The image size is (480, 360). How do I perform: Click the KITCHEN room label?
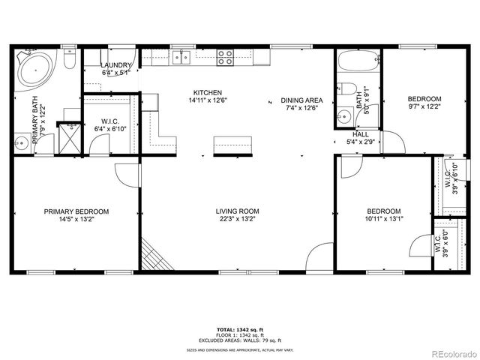(x=209, y=91)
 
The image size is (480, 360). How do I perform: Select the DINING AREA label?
(x=301, y=100)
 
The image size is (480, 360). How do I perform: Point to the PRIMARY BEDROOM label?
(x=76, y=211)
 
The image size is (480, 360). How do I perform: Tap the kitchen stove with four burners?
(x=224, y=56)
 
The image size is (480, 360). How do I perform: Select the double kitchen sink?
(x=181, y=56)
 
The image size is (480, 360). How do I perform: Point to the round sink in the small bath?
(x=343, y=116)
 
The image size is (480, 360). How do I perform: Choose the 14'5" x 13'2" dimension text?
(x=76, y=220)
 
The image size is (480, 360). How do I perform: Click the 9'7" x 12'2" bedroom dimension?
(x=424, y=107)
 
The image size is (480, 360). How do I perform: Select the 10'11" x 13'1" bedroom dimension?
(x=383, y=219)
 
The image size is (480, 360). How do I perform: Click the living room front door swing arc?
(x=318, y=254)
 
